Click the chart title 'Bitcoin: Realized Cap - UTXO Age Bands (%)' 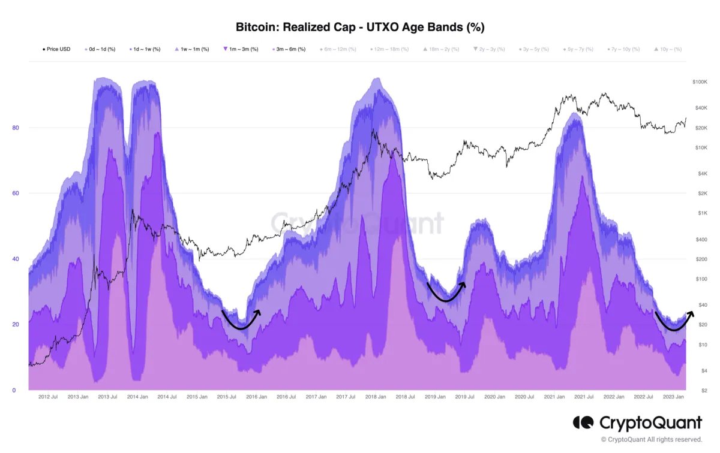pos(359,27)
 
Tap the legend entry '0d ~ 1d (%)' pos(101,49)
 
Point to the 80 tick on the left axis pos(16,128)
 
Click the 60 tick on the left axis pos(16,194)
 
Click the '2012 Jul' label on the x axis pos(48,397)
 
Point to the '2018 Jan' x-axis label pos(374,397)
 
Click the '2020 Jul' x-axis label pos(526,397)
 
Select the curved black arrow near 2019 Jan pos(445,292)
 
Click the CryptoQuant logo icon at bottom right pos(583,423)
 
